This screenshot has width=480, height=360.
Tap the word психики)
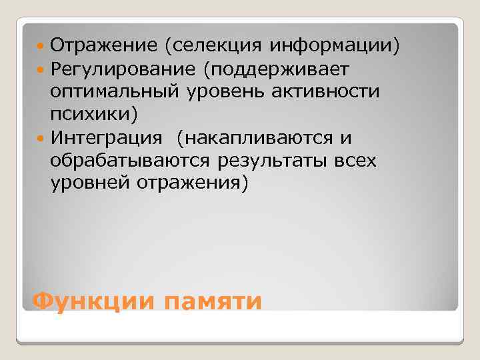point(94,115)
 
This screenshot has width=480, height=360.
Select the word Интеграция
point(106,138)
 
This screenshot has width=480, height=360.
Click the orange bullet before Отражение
point(43,46)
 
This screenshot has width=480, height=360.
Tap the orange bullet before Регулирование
point(43,69)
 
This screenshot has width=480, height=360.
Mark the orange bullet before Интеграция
point(43,138)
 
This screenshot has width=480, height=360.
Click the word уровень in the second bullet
point(227,91)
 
